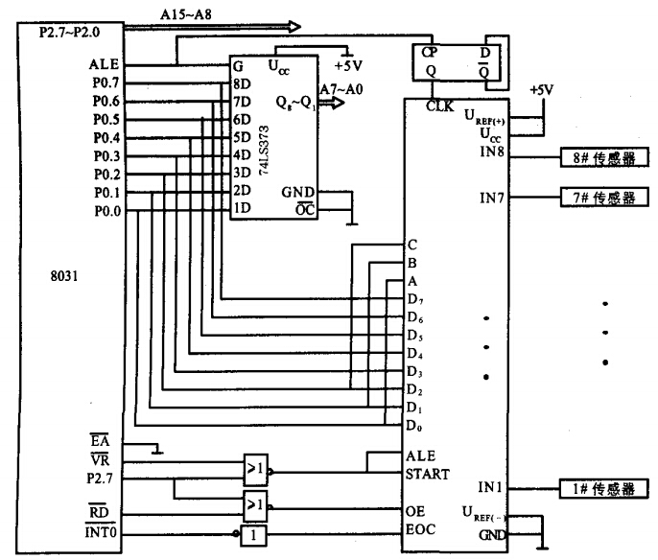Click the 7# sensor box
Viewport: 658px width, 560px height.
[x=602, y=198]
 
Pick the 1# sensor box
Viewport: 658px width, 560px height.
[x=602, y=488]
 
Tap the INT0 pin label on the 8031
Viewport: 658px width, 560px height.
[x=103, y=531]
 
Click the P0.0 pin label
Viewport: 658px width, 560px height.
[x=106, y=211]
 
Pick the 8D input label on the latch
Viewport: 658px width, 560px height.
[x=240, y=84]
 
